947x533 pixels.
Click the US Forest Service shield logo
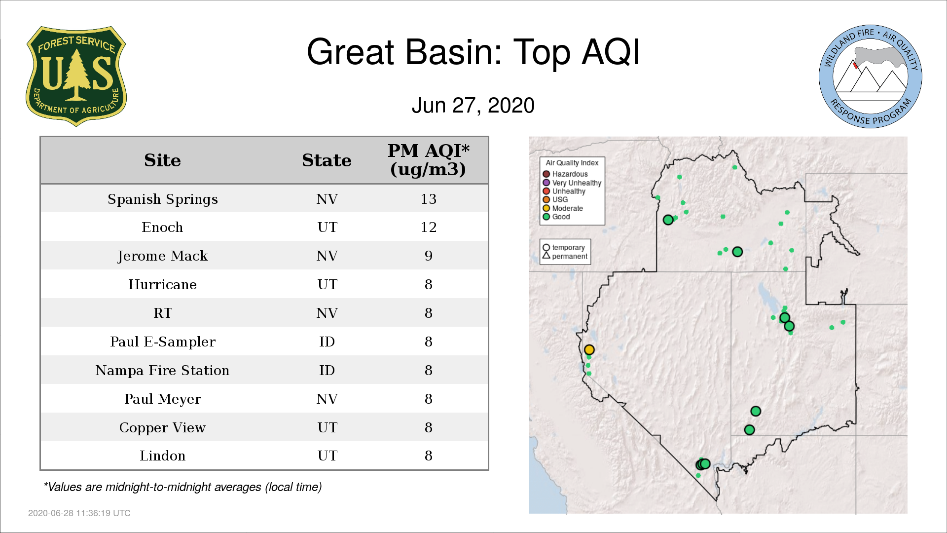[76, 76]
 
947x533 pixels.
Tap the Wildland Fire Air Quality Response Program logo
[871, 76]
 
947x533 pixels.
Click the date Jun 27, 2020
[473, 106]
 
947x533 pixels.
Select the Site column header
[162, 160]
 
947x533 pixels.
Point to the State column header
[327, 160]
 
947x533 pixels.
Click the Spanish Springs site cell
[163, 199]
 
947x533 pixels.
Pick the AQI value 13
[428, 199]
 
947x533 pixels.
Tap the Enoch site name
[162, 227]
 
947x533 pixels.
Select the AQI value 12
[428, 227]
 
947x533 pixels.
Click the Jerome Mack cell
[162, 256]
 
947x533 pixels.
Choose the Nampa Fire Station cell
[162, 370]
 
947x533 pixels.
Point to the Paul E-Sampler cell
[162, 342]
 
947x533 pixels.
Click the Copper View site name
[162, 427]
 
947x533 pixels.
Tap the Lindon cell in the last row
[162, 456]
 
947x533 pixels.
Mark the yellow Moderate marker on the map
[589, 349]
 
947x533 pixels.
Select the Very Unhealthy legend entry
[572, 183]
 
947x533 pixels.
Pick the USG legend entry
[555, 199]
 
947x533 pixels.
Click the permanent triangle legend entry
[565, 256]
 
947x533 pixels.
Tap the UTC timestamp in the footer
[79, 513]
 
